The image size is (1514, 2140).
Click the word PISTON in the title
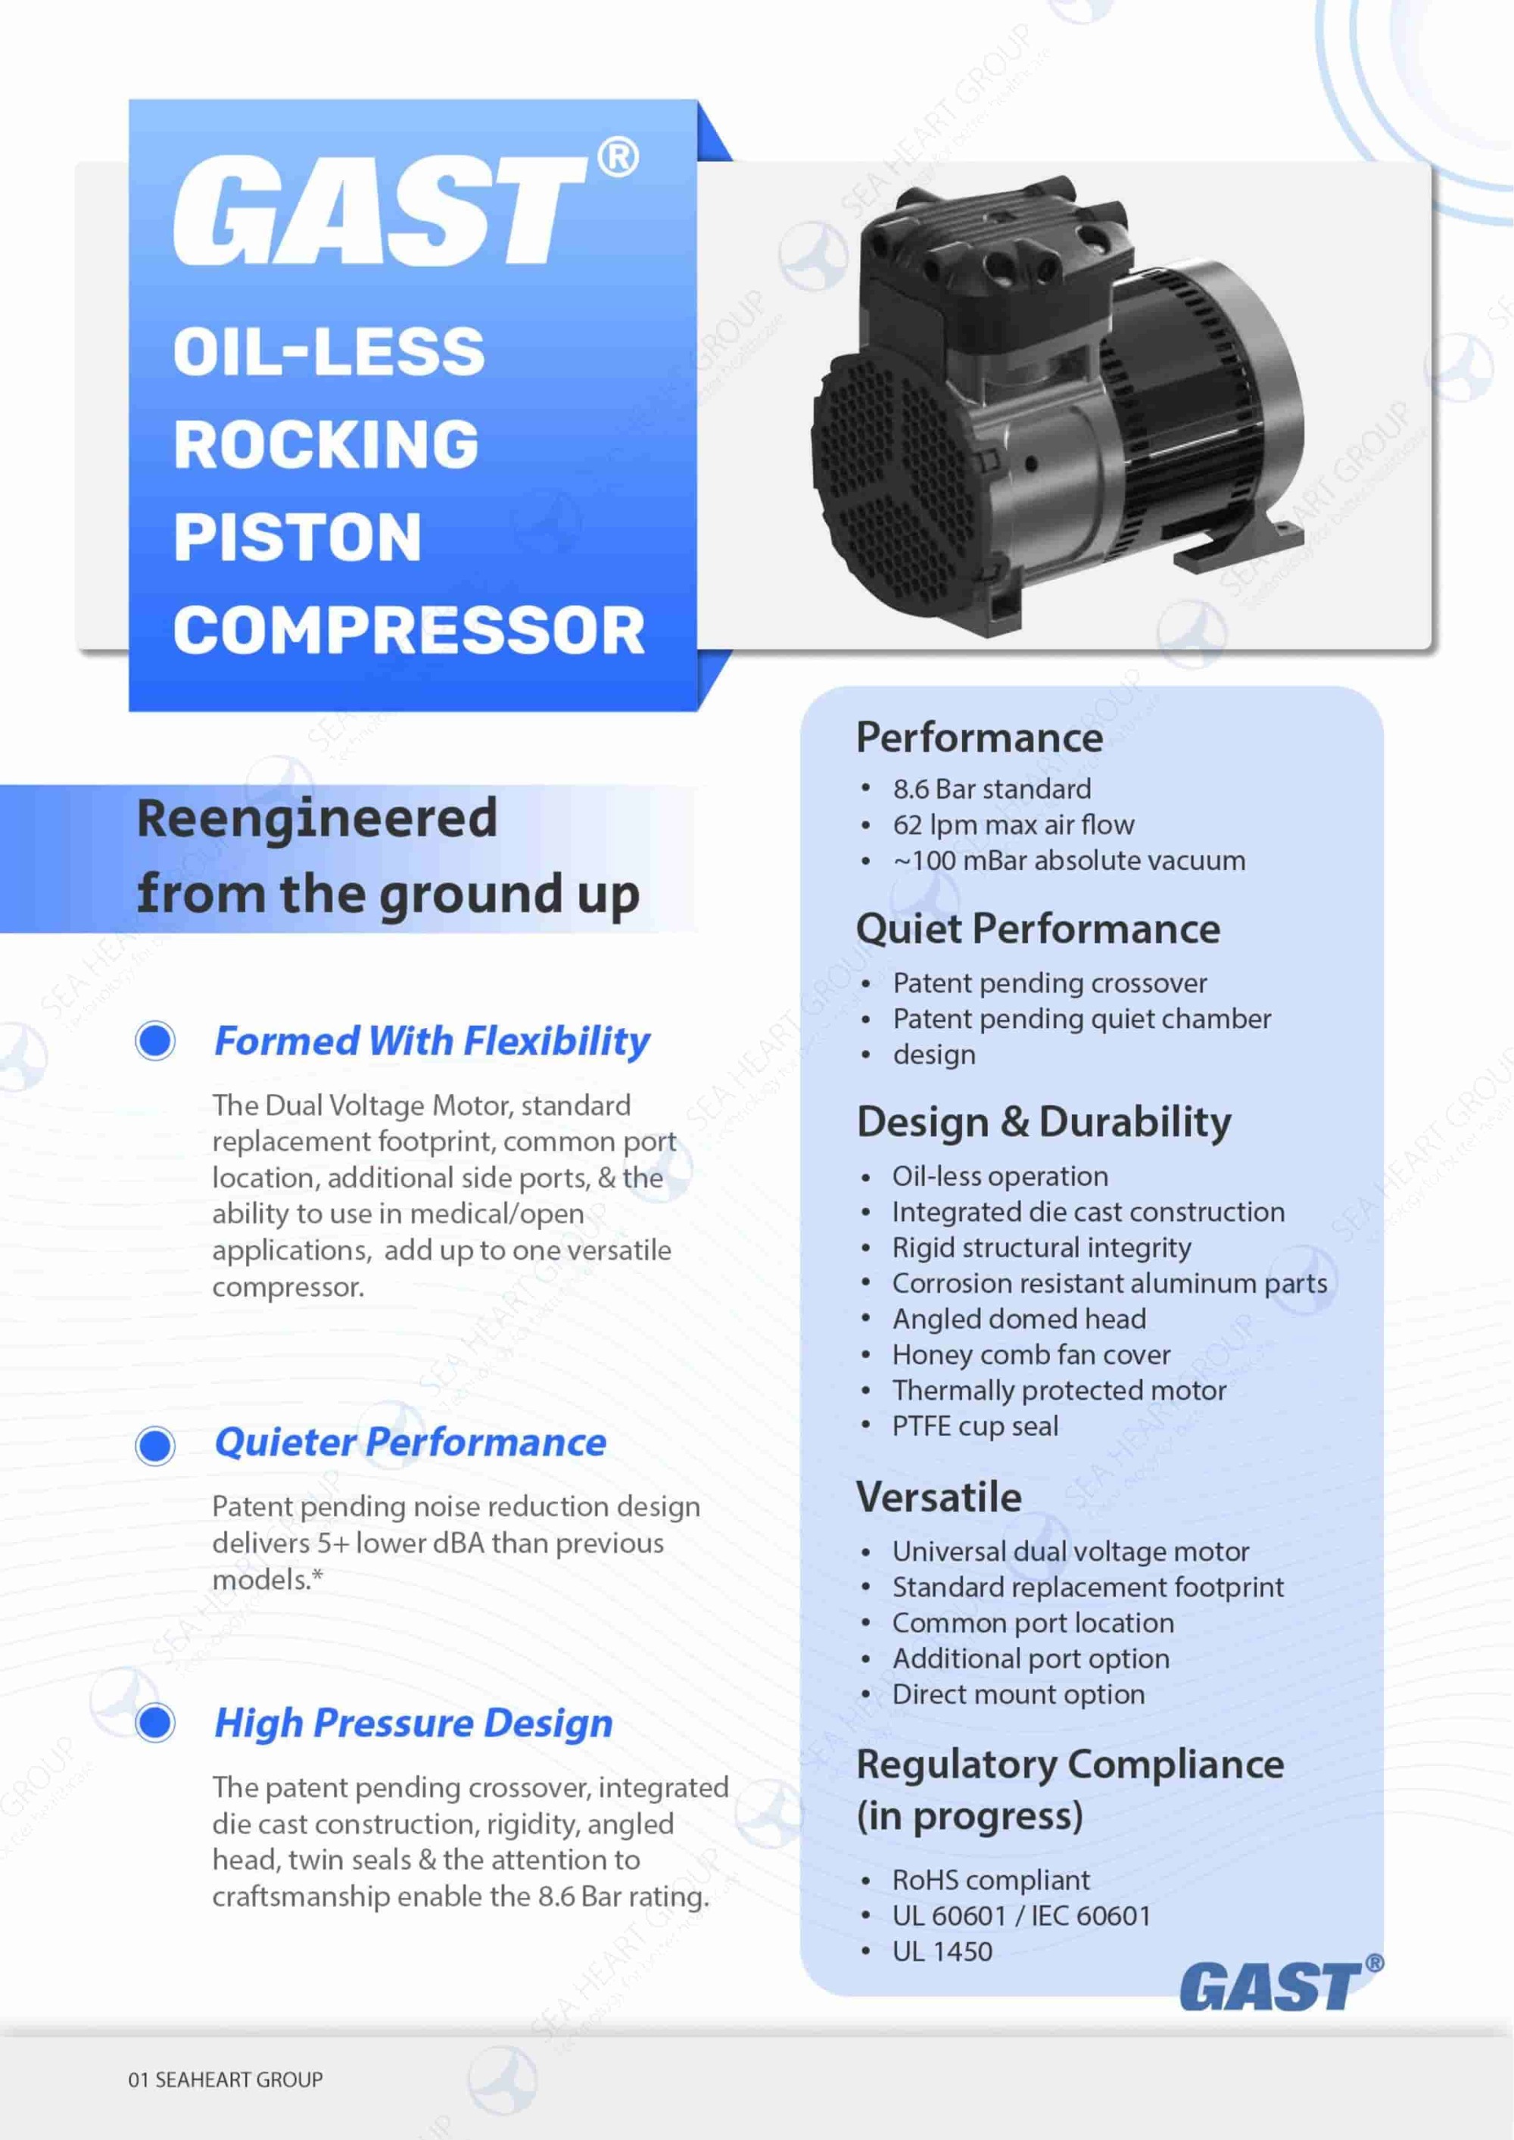point(298,537)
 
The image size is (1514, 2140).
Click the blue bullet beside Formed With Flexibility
point(156,1039)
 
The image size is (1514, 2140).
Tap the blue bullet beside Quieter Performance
point(156,1444)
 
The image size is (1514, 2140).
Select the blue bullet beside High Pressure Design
point(156,1721)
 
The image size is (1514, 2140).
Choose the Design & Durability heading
point(1043,1121)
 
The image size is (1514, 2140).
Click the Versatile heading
point(939,1497)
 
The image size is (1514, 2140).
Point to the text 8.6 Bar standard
point(991,789)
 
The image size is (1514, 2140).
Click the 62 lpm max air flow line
point(1012,825)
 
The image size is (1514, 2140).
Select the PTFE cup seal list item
point(974,1425)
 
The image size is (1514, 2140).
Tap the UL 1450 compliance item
point(942,1951)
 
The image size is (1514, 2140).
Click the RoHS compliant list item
point(990,1879)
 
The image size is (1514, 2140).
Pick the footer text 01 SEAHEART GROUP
point(226,2079)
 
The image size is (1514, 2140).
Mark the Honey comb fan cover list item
point(1030,1354)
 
